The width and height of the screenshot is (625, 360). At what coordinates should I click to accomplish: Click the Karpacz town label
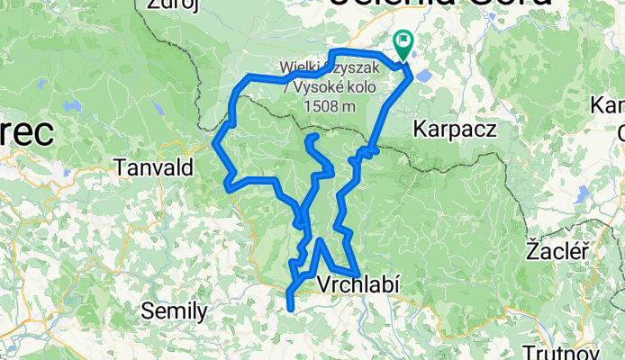pyautogui.click(x=455, y=129)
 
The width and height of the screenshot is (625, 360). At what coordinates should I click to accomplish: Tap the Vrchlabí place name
pyautogui.click(x=358, y=284)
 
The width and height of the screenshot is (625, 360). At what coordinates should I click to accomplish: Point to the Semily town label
pyautogui.click(x=175, y=311)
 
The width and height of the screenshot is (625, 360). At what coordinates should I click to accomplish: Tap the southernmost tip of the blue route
pyautogui.click(x=290, y=309)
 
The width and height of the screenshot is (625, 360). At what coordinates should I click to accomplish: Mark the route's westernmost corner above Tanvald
pyautogui.click(x=214, y=141)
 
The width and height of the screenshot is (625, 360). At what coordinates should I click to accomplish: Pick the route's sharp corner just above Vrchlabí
pyautogui.click(x=321, y=241)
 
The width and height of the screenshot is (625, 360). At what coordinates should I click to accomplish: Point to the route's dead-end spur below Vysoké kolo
pyautogui.click(x=310, y=138)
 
